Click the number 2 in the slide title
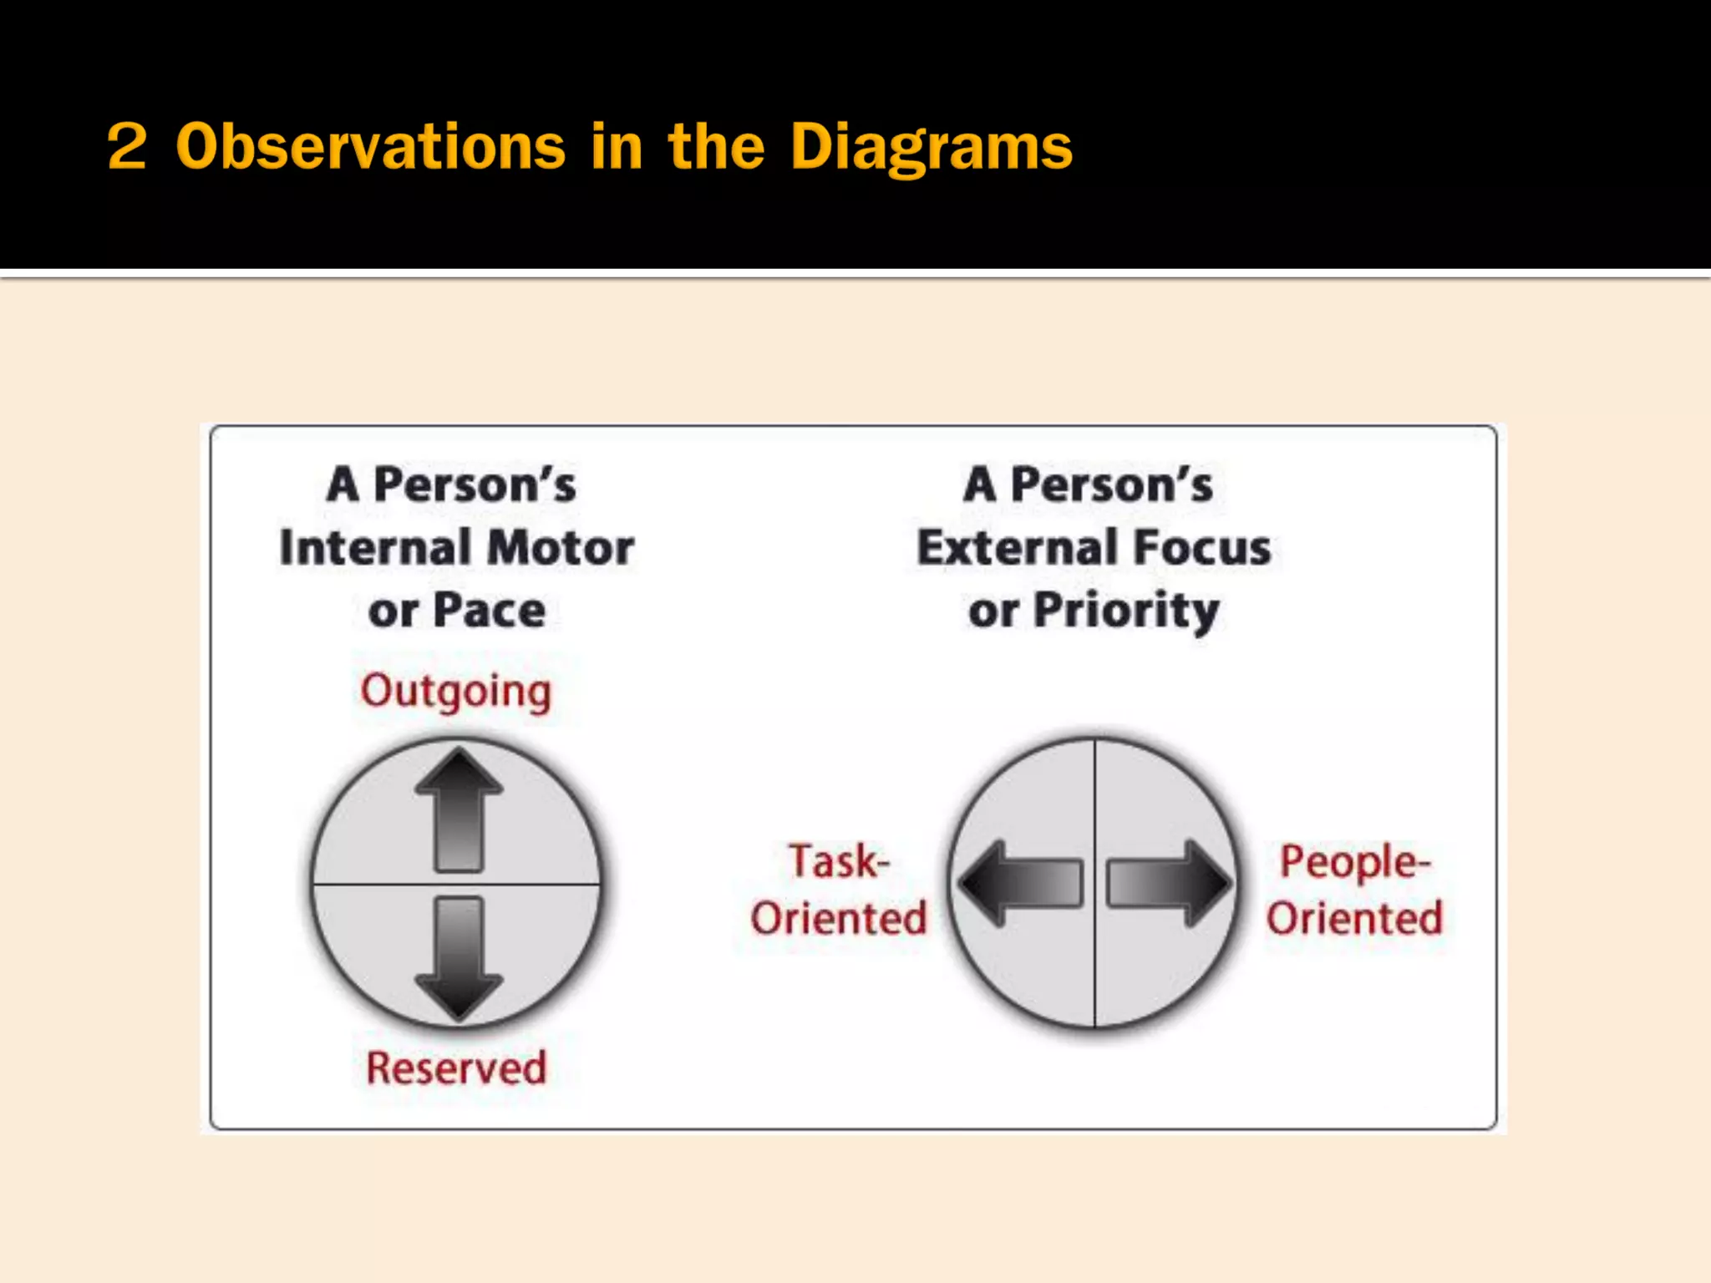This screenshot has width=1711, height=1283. pyautogui.click(x=127, y=147)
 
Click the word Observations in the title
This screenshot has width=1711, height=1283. pyautogui.click(x=371, y=147)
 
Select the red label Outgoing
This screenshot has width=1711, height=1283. pyautogui.click(x=456, y=692)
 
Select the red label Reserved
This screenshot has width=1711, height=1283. pyautogui.click(x=456, y=1067)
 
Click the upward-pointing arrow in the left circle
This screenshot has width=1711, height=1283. pyautogui.click(x=459, y=809)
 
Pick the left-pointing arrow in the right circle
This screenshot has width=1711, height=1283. pyautogui.click(x=1021, y=883)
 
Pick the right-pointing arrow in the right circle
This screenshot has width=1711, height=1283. pyautogui.click(x=1169, y=883)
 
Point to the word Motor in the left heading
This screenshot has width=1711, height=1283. pyautogui.click(x=561, y=548)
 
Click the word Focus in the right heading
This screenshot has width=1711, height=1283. pyautogui.click(x=1202, y=548)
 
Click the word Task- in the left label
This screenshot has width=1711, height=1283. pyautogui.click(x=839, y=861)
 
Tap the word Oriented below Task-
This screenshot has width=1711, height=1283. pyautogui.click(x=839, y=918)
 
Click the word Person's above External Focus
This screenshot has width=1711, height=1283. pyautogui.click(x=1111, y=485)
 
